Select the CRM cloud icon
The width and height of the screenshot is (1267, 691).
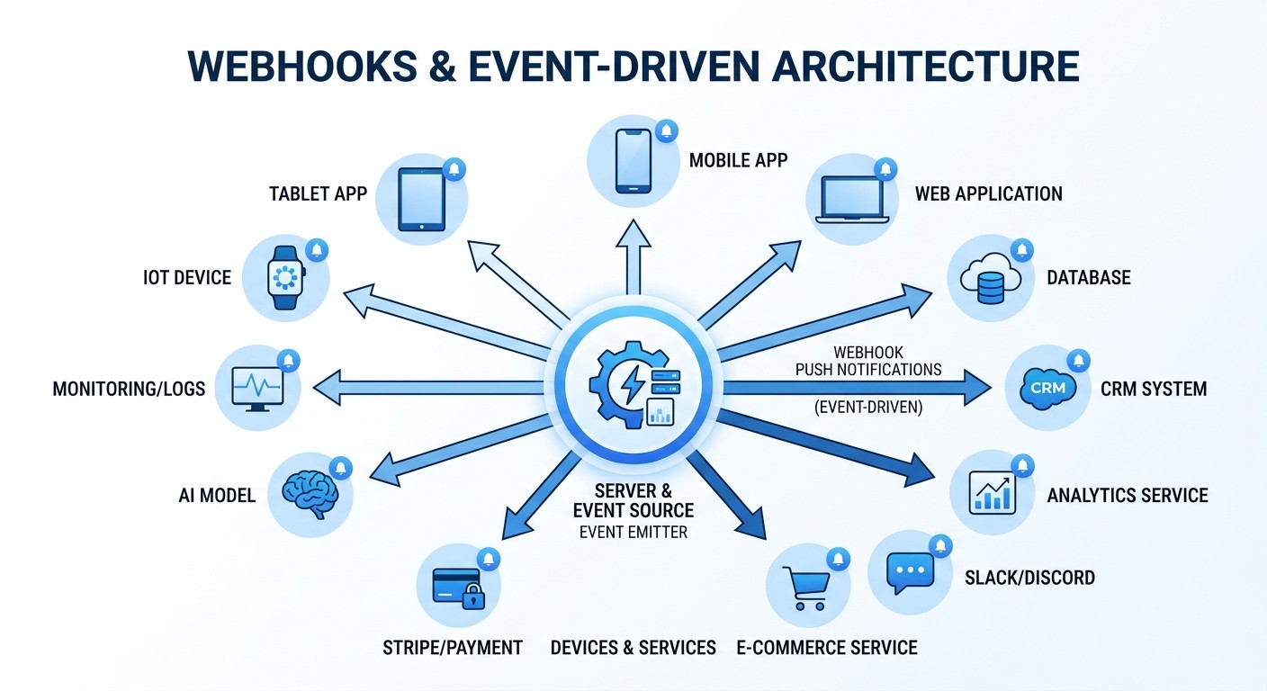click(1047, 388)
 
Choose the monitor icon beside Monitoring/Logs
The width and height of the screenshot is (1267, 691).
click(257, 389)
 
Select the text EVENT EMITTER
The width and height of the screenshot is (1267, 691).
click(633, 532)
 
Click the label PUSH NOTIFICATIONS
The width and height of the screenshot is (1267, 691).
click(867, 369)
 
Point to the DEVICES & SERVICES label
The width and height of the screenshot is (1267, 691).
click(633, 647)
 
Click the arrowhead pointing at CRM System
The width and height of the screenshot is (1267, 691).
click(977, 388)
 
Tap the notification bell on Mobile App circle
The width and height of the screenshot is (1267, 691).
click(666, 131)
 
